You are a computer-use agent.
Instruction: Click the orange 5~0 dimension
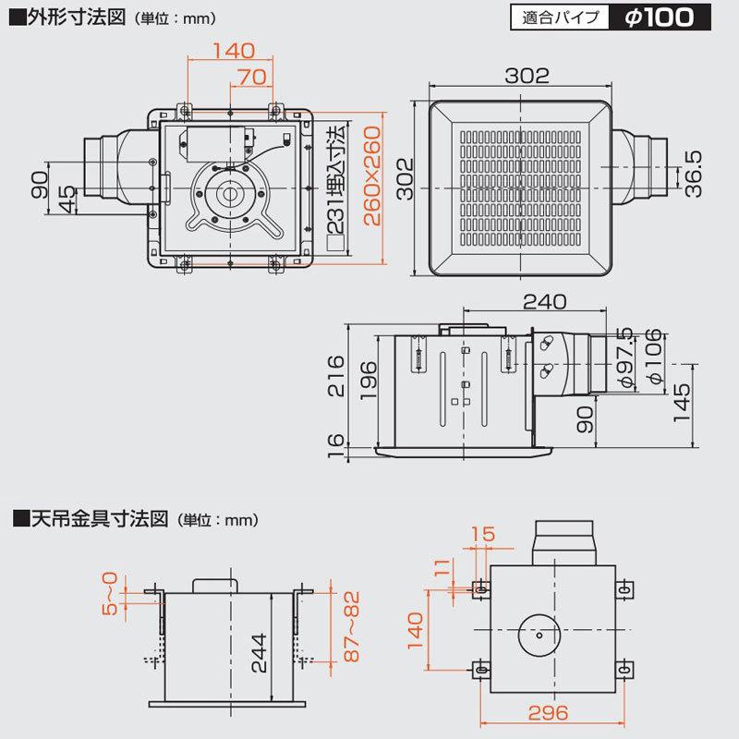[x=112, y=594]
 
